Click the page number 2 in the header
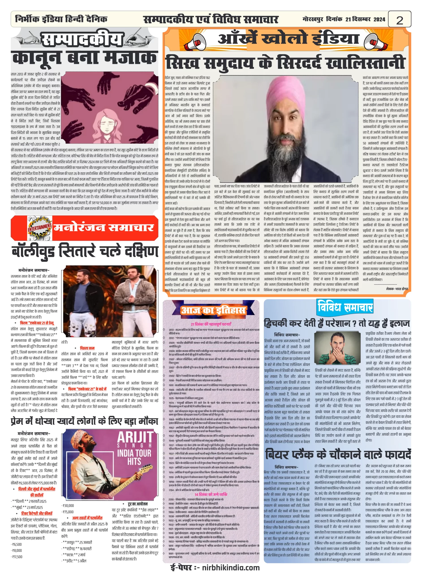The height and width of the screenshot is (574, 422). coord(399,20)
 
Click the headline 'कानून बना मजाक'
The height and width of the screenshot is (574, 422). coord(84,58)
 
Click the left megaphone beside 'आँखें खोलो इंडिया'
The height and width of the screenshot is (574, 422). coord(195,42)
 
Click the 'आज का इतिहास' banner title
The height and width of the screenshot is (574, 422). coord(213,310)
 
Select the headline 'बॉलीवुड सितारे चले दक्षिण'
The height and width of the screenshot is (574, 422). coord(85,251)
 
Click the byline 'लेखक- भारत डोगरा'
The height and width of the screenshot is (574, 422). coord(397,289)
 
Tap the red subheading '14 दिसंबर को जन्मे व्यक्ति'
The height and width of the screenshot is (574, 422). coord(211,494)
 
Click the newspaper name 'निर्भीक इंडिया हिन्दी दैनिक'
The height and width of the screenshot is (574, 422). coord(61,19)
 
